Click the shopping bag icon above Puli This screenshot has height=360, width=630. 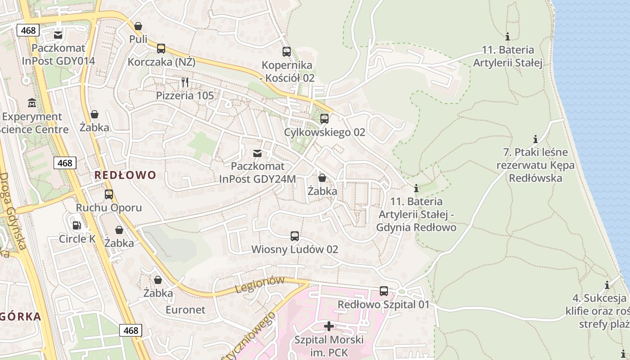click(x=138, y=27)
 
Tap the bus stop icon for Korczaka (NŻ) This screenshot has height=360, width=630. click(x=161, y=49)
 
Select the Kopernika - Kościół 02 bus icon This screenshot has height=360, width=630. click(x=287, y=52)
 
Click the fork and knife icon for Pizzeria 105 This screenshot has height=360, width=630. click(x=185, y=82)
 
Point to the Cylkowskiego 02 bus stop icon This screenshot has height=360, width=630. click(x=324, y=119)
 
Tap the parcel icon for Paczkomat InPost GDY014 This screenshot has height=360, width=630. click(x=58, y=35)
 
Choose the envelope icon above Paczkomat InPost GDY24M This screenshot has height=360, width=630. click(x=257, y=154)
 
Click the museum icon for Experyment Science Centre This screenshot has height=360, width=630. click(x=32, y=103)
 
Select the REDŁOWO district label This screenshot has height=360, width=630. click(x=125, y=175)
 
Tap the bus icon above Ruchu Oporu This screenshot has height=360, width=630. click(x=109, y=195)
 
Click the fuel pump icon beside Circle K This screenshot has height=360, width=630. click(x=77, y=225)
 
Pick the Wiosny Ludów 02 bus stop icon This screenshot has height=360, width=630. click(x=295, y=236)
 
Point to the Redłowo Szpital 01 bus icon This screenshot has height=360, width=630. click(x=384, y=291)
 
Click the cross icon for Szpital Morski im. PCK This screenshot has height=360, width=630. click(x=329, y=326)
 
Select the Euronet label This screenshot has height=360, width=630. click(x=185, y=310)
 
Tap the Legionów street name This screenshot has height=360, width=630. click(x=260, y=285)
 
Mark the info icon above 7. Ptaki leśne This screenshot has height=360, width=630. click(x=535, y=139)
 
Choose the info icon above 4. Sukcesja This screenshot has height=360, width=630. click(x=607, y=285)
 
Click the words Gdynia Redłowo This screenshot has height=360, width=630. click(x=416, y=227)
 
